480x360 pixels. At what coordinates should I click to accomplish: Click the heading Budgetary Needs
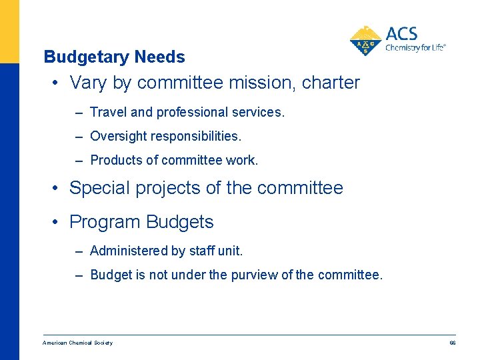click(114, 57)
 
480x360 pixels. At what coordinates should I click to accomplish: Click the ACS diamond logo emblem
click(365, 41)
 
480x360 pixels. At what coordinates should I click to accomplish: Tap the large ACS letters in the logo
click(401, 34)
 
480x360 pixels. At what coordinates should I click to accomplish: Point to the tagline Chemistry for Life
click(415, 48)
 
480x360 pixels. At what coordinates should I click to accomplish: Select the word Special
click(101, 189)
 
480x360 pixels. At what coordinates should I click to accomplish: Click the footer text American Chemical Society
click(77, 343)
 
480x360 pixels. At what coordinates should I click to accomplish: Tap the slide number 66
click(452, 343)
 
